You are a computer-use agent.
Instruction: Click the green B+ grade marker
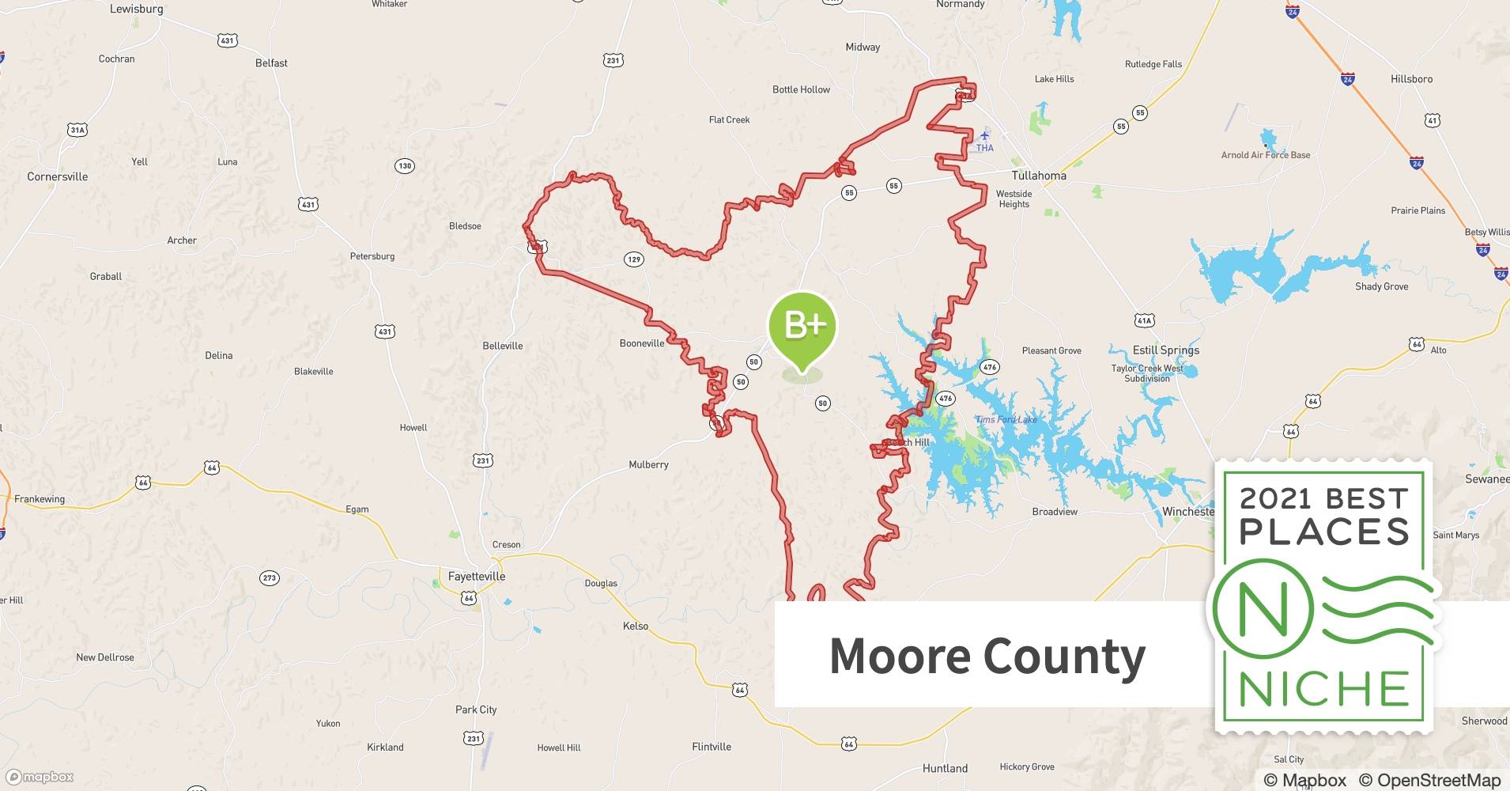click(x=802, y=325)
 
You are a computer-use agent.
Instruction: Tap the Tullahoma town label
click(x=1039, y=176)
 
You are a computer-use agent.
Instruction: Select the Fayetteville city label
click(x=476, y=577)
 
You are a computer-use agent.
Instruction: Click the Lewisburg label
click(x=136, y=9)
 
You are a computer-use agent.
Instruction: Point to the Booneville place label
click(x=642, y=343)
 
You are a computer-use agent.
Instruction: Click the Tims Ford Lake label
click(x=1006, y=419)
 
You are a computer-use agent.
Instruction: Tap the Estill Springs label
click(x=1166, y=350)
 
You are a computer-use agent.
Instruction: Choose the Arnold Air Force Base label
click(x=1265, y=155)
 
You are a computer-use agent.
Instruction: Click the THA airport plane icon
click(x=984, y=135)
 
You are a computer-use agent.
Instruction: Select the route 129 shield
click(x=633, y=259)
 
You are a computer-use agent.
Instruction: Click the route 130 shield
click(x=405, y=165)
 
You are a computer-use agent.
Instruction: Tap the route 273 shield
click(x=270, y=578)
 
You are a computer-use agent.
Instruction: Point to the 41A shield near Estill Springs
click(x=1144, y=320)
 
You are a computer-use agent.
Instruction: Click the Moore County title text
click(x=987, y=656)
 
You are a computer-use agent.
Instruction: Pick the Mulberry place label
click(x=648, y=464)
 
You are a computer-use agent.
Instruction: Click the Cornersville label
click(x=58, y=176)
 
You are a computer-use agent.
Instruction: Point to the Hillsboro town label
click(x=1411, y=79)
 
